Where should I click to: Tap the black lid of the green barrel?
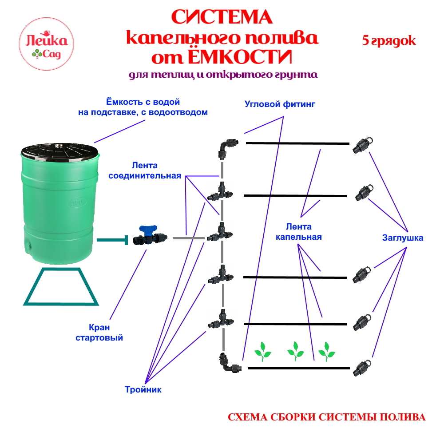click(x=59, y=150)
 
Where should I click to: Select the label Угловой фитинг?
click(x=279, y=105)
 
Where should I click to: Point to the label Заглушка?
click(x=402, y=238)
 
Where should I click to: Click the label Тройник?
click(x=143, y=390)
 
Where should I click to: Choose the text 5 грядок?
click(x=389, y=41)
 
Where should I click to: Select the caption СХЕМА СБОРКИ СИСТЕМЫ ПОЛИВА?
click(x=326, y=418)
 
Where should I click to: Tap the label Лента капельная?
click(x=298, y=232)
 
